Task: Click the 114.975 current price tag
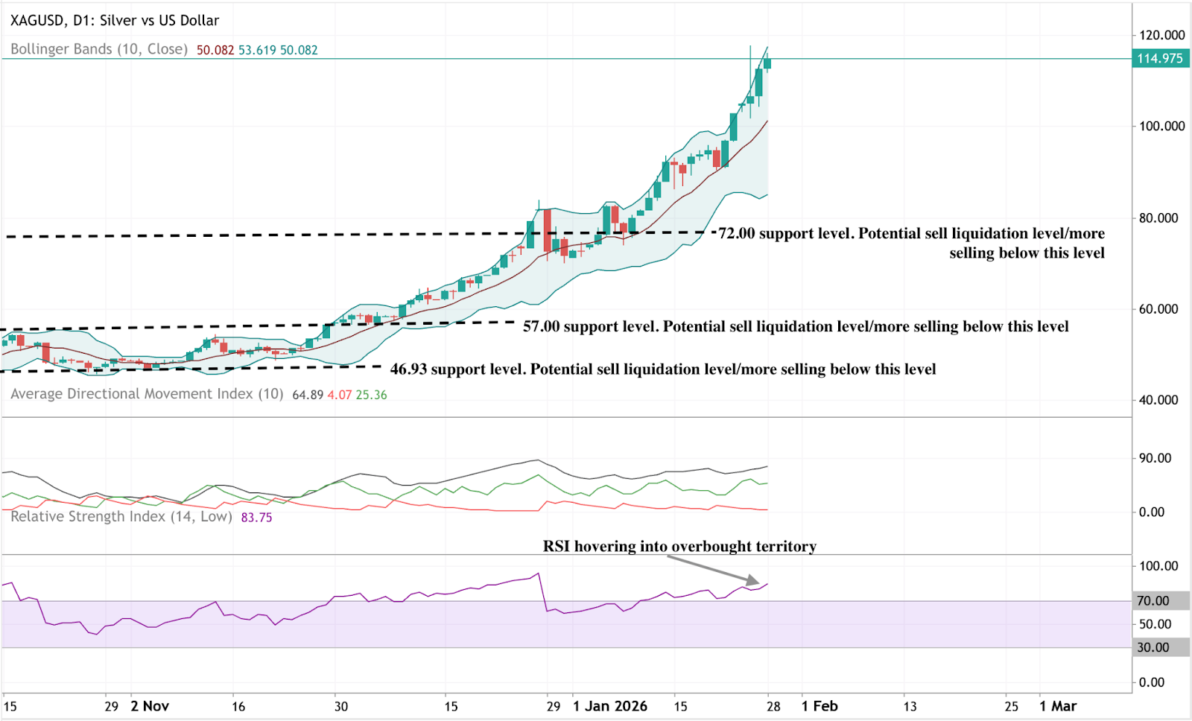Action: pos(1160,59)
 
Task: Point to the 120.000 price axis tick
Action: pos(1161,35)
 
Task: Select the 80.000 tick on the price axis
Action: pos(1158,218)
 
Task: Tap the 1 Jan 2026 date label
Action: pos(609,706)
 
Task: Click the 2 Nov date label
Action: pos(150,706)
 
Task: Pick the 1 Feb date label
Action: pos(819,706)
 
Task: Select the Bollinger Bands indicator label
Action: pos(98,49)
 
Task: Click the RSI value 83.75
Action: pos(256,518)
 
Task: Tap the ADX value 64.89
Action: pos(308,395)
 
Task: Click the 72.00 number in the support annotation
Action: pos(736,233)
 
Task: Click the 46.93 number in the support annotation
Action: pos(408,369)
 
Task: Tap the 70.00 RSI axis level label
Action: pos(1153,601)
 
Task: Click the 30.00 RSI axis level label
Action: pos(1153,648)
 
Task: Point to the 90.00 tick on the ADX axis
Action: pos(1155,458)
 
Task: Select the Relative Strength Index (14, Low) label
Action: pos(121,517)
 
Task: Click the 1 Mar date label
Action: pos(1058,706)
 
